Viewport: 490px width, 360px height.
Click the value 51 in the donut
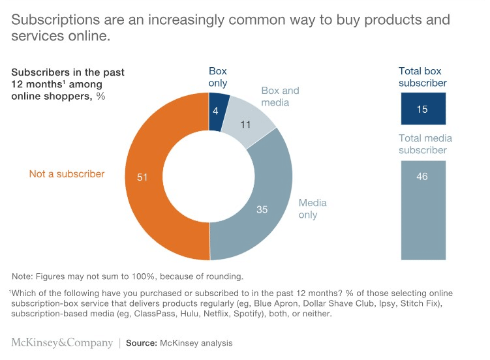pos(142,177)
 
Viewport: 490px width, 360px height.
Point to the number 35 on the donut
pos(262,210)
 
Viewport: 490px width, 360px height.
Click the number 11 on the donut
pos(245,123)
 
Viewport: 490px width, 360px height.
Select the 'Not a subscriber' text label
pos(67,174)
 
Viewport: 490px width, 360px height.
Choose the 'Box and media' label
pos(280,97)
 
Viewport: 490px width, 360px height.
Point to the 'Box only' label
pos(218,77)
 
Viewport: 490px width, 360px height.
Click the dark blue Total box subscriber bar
pos(422,109)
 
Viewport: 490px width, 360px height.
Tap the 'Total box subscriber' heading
pos(423,77)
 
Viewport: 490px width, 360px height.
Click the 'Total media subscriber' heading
pos(425,144)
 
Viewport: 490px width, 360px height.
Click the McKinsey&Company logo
pos(61,342)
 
